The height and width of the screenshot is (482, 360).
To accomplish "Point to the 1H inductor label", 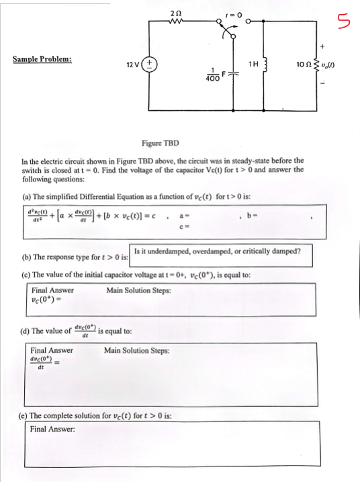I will pyautogui.click(x=254, y=65).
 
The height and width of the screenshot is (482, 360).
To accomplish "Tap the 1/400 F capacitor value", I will pyautogui.click(x=214, y=77).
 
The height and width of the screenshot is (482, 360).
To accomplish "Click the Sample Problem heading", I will pyautogui.click(x=42, y=59).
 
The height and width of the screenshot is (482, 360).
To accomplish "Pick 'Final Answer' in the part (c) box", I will pyautogui.click(x=52, y=290).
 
